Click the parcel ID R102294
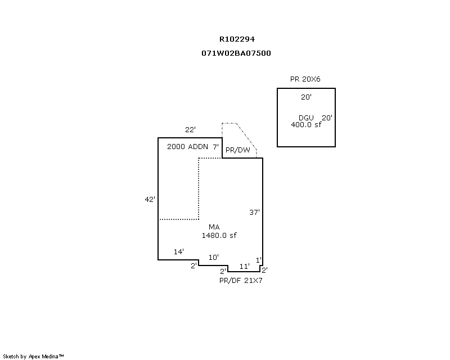pos(237,39)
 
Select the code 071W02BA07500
pos(236,53)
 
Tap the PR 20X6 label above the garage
pos(305,79)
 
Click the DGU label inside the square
pos(306,118)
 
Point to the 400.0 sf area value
pos(306,124)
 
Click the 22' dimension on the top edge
pos(190,130)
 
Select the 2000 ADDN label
pos(187,147)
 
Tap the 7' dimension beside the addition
pos(215,147)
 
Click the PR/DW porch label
pos(237,150)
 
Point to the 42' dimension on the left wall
pos(150,199)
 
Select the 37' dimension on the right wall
pos(254,213)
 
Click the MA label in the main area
pos(214,227)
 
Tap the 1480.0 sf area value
pos(219,236)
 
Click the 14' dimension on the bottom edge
pos(178,252)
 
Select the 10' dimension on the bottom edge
pos(214,257)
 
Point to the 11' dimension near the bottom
pos(245,267)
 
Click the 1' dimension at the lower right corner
pos(259,260)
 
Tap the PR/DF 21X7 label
pos(241,281)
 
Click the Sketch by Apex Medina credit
pos(33,357)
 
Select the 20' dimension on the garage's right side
pos(327,118)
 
